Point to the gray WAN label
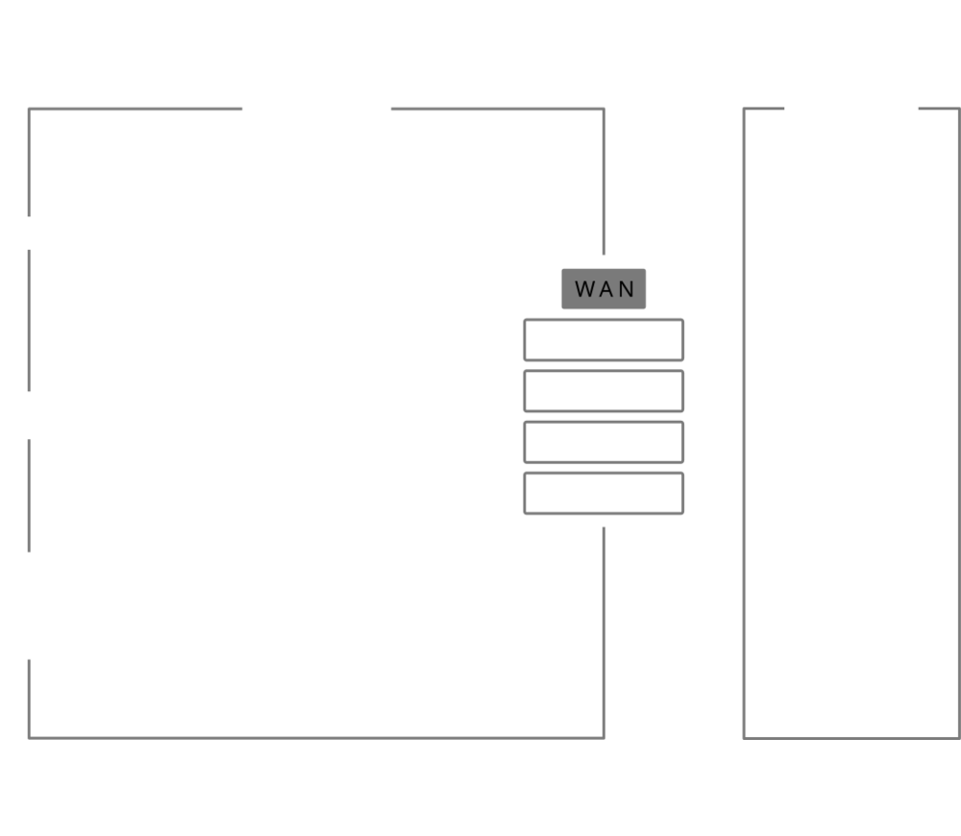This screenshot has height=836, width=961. click(604, 288)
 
